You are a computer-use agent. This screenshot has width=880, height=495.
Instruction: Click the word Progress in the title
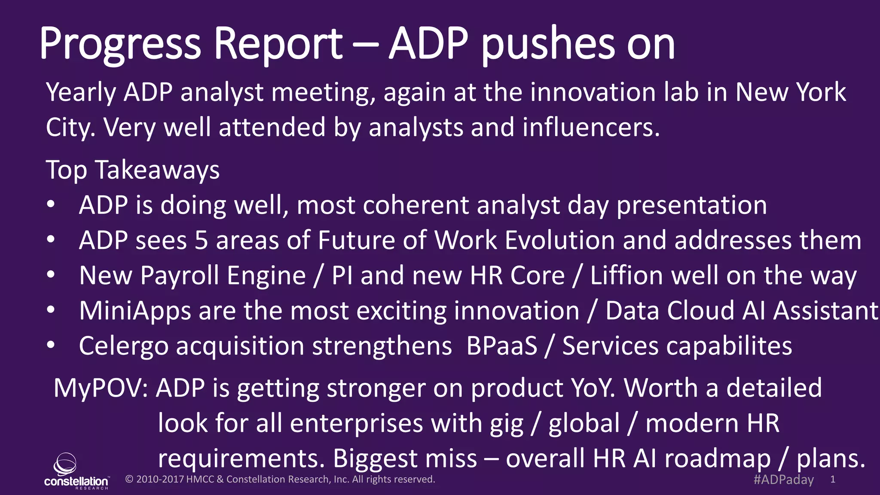(120, 44)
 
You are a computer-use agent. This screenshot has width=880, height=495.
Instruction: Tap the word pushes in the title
(548, 44)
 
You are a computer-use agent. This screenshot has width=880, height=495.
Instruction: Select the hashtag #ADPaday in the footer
(783, 480)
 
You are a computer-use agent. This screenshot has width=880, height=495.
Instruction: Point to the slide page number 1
(833, 480)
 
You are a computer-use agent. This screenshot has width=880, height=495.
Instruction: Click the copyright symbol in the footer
(129, 480)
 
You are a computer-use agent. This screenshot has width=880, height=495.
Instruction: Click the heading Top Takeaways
(132, 170)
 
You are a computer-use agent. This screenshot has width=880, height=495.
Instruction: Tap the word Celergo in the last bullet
(123, 346)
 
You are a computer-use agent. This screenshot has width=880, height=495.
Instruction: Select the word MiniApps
(135, 311)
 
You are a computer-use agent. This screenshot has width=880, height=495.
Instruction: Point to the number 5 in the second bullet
(201, 240)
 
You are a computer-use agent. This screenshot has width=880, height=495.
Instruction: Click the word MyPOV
(101, 388)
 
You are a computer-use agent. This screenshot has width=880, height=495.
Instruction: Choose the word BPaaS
(501, 346)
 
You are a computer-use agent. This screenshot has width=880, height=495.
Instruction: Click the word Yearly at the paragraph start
(81, 93)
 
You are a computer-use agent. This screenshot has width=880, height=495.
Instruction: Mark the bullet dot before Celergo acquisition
(51, 345)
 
